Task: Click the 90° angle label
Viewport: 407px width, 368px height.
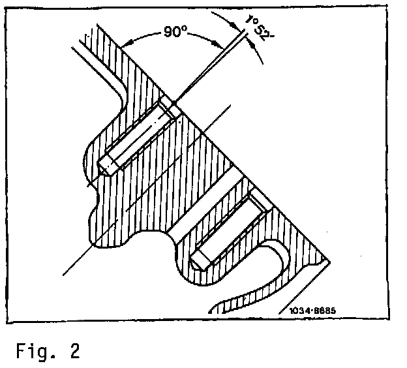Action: pyautogui.click(x=175, y=32)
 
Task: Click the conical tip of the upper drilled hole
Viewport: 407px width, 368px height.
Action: pyautogui.click(x=103, y=162)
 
